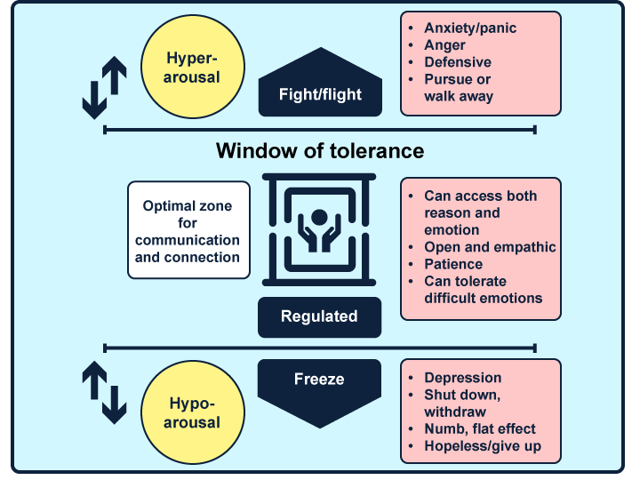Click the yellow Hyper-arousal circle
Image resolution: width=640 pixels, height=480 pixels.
coord(193,67)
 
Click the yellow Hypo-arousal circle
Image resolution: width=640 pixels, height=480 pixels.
coord(193,413)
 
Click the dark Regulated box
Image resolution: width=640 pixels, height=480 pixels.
coord(319,316)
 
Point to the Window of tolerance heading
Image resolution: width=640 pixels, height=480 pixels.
coord(320,150)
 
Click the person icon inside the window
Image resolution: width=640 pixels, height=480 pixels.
coord(319,228)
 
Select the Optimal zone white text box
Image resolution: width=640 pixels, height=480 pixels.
coord(188,230)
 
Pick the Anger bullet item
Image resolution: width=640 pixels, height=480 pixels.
coord(445,44)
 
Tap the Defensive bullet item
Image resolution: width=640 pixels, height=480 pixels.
coord(457,61)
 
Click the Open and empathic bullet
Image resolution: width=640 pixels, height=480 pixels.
coord(489,247)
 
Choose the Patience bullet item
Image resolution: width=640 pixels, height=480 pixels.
coord(452,264)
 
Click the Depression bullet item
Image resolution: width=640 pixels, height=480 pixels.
coord(462,378)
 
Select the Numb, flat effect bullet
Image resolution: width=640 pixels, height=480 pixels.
coord(479,429)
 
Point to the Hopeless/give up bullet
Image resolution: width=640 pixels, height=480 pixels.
coord(482,446)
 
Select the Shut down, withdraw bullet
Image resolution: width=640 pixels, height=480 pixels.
coord(462,404)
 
